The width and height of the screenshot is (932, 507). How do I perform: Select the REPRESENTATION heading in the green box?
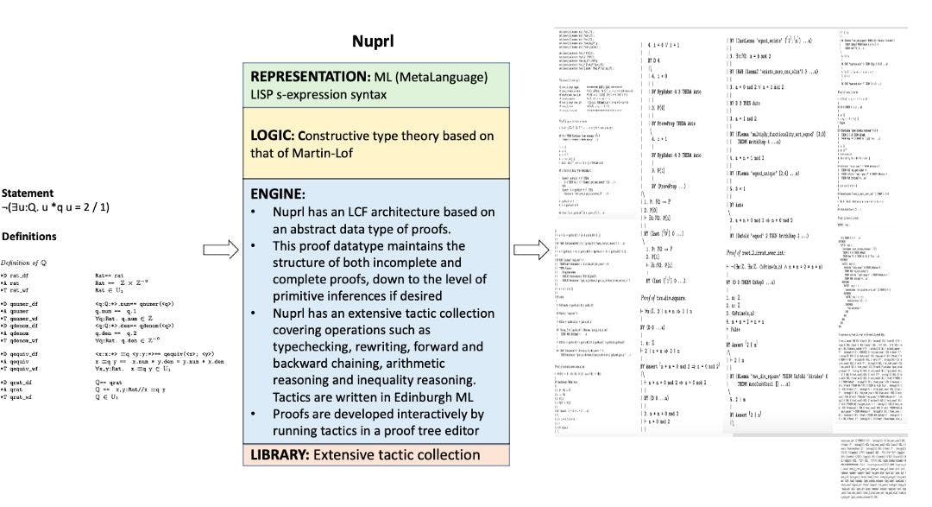coord(315,75)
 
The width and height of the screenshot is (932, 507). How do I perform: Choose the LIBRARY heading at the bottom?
coord(281,454)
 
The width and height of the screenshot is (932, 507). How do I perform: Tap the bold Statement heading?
coord(27,193)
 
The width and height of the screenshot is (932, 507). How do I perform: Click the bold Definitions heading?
coord(29,236)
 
